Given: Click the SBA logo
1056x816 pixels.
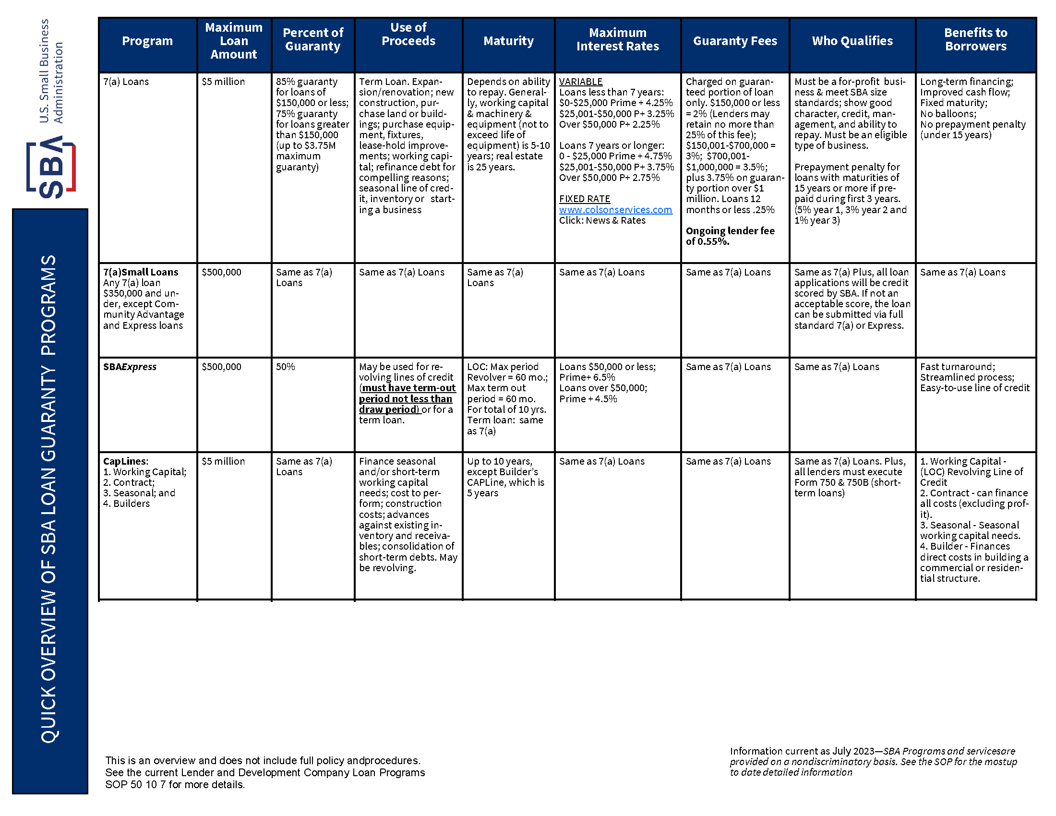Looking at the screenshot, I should (51, 167).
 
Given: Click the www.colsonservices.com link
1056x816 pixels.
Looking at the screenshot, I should (615, 210).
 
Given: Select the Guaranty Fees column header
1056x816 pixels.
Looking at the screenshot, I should (734, 41).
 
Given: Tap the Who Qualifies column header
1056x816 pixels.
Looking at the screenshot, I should (852, 41).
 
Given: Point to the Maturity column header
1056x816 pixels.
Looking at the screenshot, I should (508, 41).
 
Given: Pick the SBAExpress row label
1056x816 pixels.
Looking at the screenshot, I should (130, 367).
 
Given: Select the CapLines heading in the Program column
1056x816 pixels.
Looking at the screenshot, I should (125, 461).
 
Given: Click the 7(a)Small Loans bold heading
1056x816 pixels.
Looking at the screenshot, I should (141, 272).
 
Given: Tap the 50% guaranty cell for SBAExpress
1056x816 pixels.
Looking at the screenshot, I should (285, 367).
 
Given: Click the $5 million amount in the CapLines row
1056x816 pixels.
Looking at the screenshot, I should (223, 461).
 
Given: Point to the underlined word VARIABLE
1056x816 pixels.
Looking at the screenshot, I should (580, 82).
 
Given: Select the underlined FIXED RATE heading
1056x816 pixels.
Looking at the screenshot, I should (584, 199).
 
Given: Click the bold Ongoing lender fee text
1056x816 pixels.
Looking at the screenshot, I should (730, 236).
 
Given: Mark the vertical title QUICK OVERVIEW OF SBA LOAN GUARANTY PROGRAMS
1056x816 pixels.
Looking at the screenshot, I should (49, 498).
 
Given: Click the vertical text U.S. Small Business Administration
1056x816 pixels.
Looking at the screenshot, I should (51, 71).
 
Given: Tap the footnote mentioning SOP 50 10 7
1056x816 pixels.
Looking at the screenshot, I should (264, 772).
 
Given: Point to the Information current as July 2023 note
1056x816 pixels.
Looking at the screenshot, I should (873, 761).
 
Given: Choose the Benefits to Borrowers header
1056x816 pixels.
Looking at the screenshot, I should (975, 40).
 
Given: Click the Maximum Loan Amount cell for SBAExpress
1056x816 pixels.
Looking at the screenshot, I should (221, 367).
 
